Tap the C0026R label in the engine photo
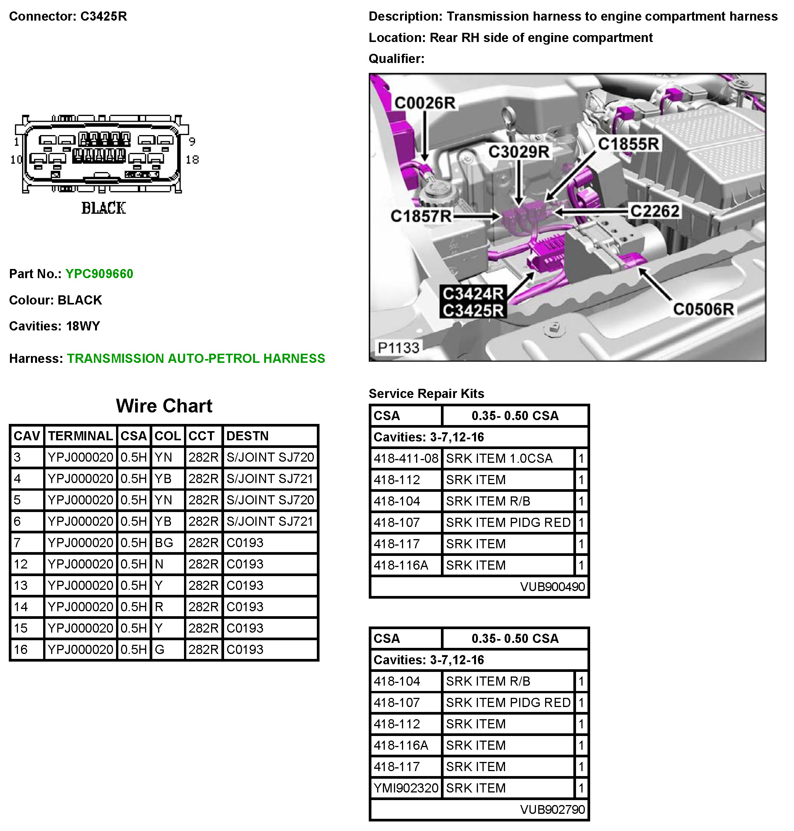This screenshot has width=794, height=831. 424,103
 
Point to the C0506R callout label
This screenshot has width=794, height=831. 703,309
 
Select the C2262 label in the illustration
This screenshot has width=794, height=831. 654,211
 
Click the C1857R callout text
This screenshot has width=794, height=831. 421,216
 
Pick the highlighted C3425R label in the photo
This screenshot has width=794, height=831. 473,310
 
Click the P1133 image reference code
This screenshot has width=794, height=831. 398,348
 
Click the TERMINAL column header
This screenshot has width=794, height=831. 81,436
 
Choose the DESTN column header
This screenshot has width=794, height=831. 247,436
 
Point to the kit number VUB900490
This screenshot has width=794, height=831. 552,586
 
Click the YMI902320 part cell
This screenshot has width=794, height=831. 405,788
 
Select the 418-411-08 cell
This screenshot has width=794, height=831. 405,458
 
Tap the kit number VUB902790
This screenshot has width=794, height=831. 552,809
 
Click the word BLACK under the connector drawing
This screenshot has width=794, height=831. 104,208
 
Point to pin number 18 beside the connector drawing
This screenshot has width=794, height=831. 192,159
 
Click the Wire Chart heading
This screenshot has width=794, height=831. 164,406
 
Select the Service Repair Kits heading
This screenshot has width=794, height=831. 426,393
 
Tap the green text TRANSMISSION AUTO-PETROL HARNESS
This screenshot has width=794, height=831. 196,358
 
